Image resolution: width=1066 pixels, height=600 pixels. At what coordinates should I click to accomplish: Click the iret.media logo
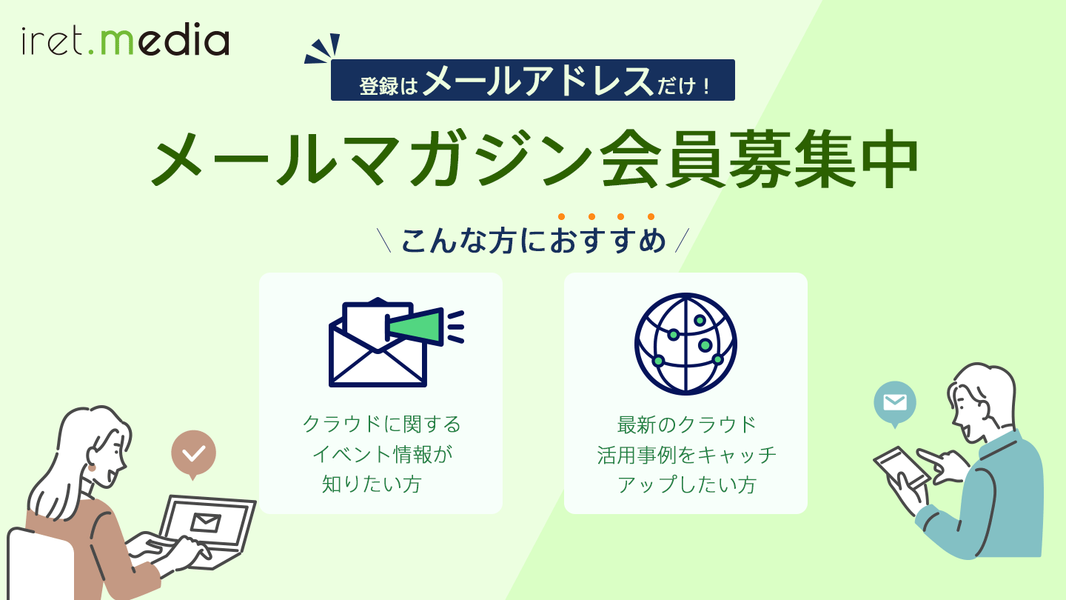(x=125, y=41)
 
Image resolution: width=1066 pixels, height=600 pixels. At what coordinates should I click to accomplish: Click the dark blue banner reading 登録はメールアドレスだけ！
(x=532, y=80)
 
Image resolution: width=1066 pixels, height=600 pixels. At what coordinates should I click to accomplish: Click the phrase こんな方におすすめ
(x=533, y=241)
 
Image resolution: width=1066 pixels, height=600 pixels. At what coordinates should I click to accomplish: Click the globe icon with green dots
(x=685, y=344)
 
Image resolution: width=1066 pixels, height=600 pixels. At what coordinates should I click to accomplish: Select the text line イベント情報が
(x=381, y=454)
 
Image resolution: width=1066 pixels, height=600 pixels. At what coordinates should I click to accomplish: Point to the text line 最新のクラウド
(x=686, y=424)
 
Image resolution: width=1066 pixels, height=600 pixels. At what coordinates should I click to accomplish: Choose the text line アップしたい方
(x=686, y=484)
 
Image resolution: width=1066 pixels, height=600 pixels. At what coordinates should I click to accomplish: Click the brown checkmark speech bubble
(x=193, y=453)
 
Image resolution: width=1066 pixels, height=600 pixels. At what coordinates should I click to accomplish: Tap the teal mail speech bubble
(x=895, y=402)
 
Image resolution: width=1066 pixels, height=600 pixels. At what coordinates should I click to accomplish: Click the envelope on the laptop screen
(x=205, y=522)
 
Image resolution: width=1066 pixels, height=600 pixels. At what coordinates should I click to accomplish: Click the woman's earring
(x=93, y=467)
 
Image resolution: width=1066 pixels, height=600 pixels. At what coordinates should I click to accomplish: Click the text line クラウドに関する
(x=381, y=424)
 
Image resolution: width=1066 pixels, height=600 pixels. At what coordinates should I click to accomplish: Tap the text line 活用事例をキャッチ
(x=686, y=454)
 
